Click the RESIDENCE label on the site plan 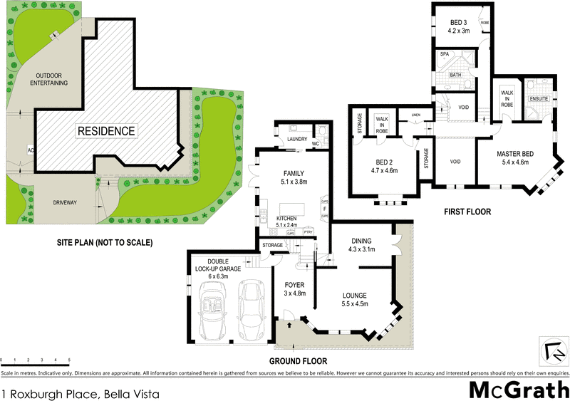105,131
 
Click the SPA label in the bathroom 443,54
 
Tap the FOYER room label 294,285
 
